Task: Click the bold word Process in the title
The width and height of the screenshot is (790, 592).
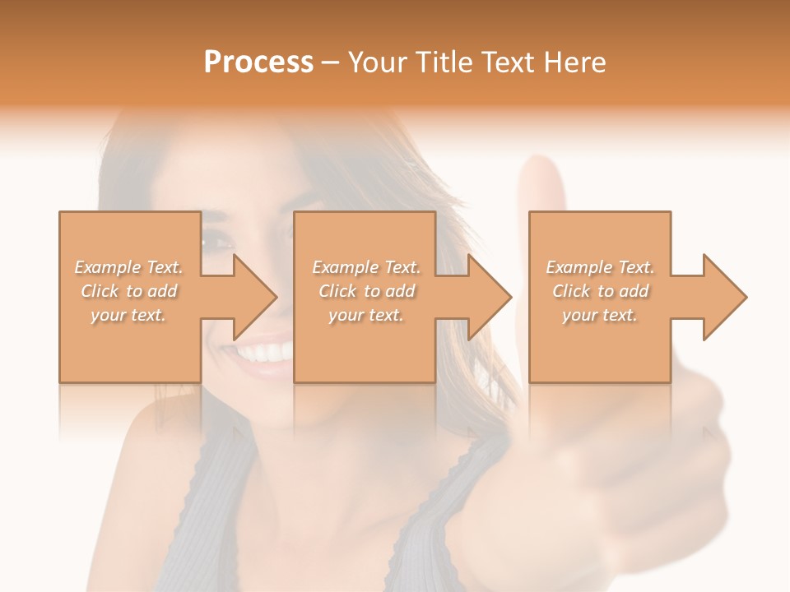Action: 258,62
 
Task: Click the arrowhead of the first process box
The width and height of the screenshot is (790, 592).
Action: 255,297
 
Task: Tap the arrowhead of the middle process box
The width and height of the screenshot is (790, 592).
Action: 490,297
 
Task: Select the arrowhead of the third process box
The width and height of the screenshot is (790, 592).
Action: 725,297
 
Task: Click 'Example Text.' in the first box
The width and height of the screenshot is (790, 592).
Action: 129,267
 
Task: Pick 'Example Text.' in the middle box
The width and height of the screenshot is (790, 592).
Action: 366,267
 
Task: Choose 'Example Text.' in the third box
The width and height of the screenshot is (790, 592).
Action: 600,267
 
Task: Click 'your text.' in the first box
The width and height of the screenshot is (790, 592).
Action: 128,315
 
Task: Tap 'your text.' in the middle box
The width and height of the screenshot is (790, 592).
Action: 365,315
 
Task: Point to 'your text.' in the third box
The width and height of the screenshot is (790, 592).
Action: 599,315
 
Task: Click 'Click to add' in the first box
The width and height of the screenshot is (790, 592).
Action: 129,291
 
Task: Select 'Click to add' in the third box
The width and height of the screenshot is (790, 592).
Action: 600,291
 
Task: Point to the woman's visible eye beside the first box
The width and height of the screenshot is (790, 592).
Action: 216,242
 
